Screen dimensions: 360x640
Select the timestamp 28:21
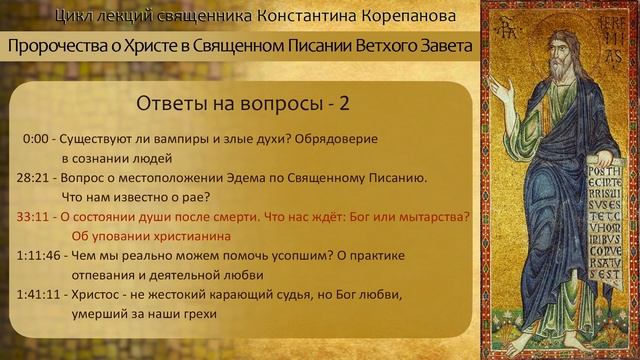click(x=35, y=178)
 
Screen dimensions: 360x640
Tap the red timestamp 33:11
click(x=35, y=217)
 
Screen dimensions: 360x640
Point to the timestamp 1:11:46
click(x=40, y=256)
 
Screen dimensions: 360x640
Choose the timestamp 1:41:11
click(x=40, y=295)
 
